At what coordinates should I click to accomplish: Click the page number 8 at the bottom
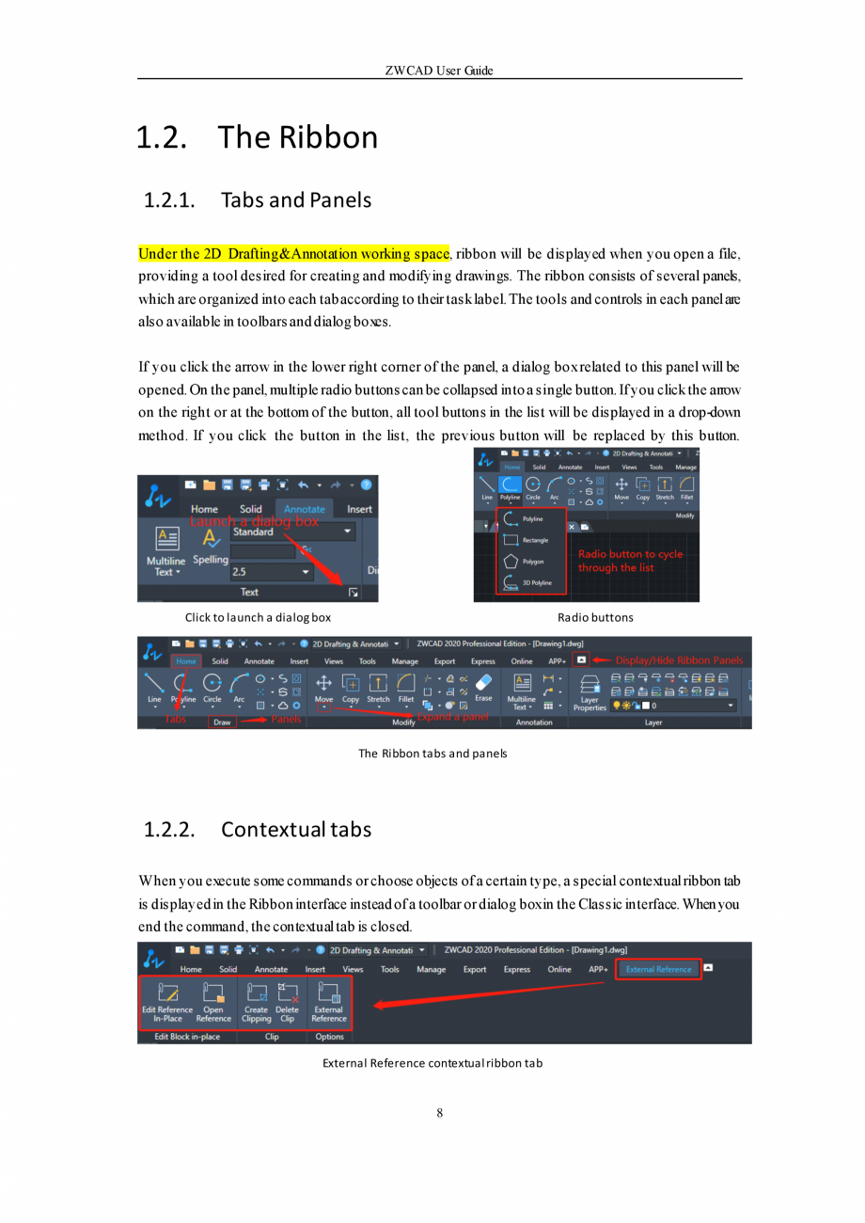click(440, 1114)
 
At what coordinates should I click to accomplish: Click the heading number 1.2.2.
click(169, 830)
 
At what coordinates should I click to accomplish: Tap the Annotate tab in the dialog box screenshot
click(306, 509)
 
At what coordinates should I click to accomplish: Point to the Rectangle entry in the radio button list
click(524, 540)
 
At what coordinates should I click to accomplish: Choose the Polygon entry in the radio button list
click(523, 561)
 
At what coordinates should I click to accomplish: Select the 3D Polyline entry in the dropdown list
click(526, 582)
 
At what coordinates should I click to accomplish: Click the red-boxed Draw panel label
click(222, 723)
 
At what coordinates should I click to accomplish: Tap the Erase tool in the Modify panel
click(483, 686)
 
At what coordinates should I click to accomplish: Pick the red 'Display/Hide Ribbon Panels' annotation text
click(679, 659)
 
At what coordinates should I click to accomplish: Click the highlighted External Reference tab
click(658, 969)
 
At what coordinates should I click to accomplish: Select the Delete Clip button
click(287, 1001)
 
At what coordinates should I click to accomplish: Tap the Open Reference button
click(213, 1001)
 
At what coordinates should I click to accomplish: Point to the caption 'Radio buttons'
click(595, 617)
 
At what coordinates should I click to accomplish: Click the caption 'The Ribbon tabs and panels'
click(432, 753)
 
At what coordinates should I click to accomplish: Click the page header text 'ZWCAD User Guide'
click(439, 71)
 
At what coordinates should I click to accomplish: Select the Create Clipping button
click(256, 1001)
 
